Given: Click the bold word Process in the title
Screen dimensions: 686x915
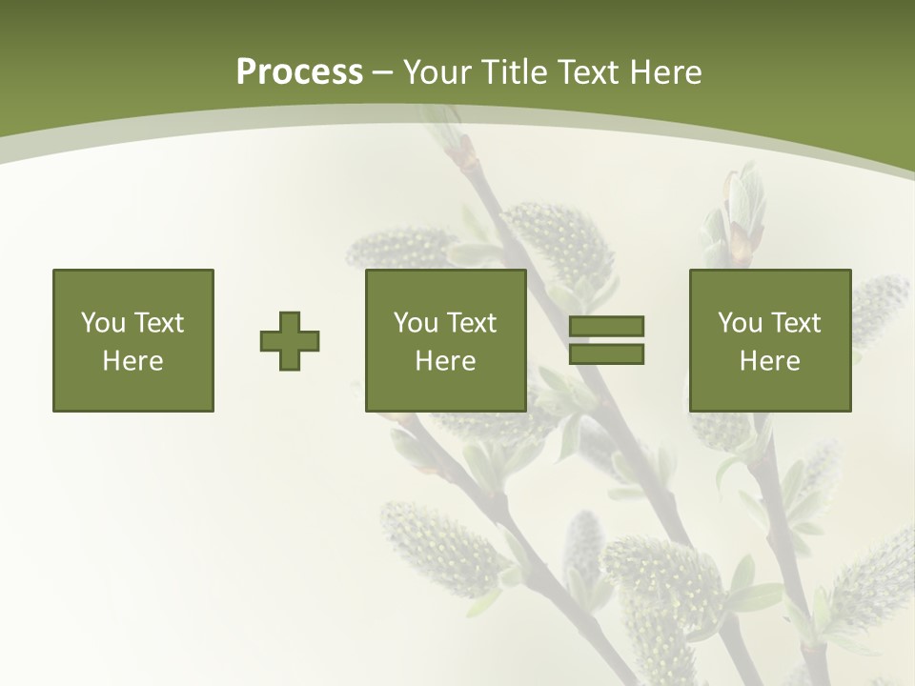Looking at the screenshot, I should [299, 72].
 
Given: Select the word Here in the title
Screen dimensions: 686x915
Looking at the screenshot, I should [666, 72].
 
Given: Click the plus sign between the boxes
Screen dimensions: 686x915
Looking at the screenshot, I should [290, 341].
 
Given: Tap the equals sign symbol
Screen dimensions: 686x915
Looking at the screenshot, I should [606, 340].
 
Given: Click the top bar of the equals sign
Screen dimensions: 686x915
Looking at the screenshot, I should [606, 327].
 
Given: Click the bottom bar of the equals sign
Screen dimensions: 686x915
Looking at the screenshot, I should [606, 354].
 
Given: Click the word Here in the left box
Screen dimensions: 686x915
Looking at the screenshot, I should [132, 361].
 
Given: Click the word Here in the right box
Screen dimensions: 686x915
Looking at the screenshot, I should [769, 361].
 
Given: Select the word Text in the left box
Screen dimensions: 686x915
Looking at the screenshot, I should [159, 323].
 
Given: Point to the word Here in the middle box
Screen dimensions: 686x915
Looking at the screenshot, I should [445, 361].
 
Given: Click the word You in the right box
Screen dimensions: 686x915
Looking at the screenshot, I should [740, 323].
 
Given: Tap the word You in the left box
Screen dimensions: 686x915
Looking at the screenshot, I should [103, 323].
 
